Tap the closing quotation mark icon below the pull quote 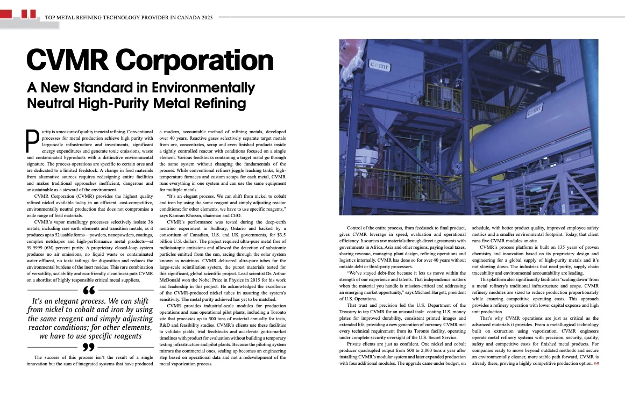click(89, 347)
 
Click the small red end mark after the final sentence click(595, 364)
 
